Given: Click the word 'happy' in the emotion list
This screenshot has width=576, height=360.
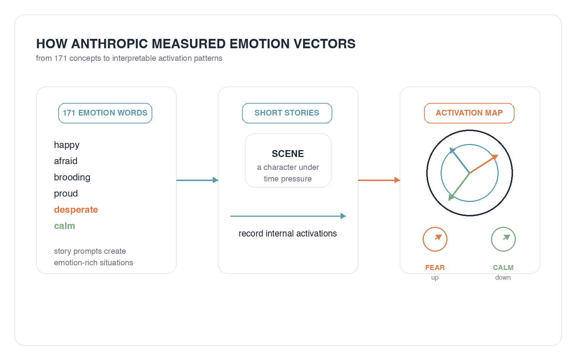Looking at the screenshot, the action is click(x=67, y=145).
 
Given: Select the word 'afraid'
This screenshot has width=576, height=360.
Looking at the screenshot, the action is click(x=66, y=161).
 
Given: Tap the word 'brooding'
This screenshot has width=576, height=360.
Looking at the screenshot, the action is click(x=72, y=177).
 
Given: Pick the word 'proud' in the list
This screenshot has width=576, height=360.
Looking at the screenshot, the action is click(x=66, y=193).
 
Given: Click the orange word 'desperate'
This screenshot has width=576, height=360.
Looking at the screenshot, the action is click(x=76, y=210).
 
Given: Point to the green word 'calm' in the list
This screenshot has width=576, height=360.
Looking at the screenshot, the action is click(x=64, y=226).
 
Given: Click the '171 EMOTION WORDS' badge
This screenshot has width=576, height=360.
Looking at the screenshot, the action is click(x=105, y=113).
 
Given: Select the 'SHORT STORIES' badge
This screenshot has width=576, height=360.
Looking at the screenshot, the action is click(x=287, y=113).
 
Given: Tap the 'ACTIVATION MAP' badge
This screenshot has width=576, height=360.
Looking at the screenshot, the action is click(x=469, y=113).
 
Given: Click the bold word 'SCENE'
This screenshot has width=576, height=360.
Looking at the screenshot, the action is click(x=288, y=154).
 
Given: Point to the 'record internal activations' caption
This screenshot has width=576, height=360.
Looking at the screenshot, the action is click(x=288, y=234).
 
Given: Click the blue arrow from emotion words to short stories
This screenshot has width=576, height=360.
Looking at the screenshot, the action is click(x=197, y=180).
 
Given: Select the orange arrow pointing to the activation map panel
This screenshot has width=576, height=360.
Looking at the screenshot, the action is click(x=379, y=180).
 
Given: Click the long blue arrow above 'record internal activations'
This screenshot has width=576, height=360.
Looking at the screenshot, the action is click(x=288, y=216).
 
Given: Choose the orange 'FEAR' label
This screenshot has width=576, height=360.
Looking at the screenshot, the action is click(x=435, y=268).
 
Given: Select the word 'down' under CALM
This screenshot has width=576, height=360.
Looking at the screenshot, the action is click(x=503, y=278).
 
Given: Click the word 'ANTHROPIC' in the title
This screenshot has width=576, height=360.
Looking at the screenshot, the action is click(x=109, y=44).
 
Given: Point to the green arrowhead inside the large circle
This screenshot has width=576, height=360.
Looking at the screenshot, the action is click(x=451, y=197).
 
